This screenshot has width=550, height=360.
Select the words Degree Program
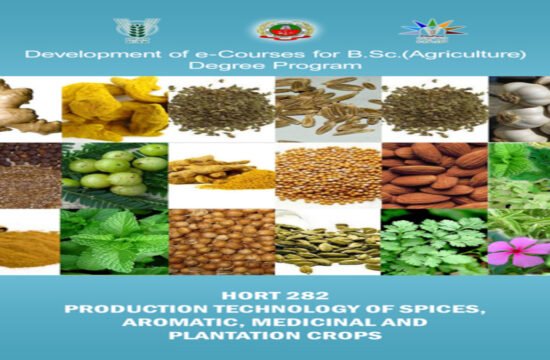coord(275,68)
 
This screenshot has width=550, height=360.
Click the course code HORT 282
coord(275,297)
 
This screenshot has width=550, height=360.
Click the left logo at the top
coord(136,28)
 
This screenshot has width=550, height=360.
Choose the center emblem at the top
coord(272,29)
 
